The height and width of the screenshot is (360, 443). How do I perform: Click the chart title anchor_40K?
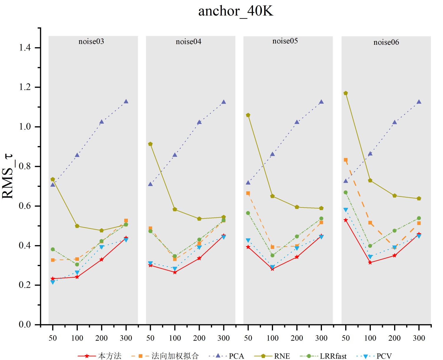click(236, 11)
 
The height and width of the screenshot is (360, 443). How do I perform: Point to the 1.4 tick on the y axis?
click(25, 47)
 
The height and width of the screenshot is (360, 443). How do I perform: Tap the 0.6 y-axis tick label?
click(25, 206)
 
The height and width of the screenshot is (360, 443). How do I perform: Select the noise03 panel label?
click(91, 42)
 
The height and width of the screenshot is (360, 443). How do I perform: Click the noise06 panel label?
click(386, 42)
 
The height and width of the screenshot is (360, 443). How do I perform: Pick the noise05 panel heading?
click(285, 41)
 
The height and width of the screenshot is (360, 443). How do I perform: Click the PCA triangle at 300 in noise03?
click(126, 102)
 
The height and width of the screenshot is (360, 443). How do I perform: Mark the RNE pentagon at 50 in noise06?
click(346, 93)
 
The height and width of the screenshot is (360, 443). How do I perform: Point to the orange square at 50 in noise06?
click(346, 160)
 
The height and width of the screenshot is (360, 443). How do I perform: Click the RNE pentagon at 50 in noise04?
click(151, 144)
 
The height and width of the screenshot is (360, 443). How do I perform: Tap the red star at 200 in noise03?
click(102, 260)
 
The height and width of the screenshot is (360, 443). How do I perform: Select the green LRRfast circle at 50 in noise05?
click(248, 213)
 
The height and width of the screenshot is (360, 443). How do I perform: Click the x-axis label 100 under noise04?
click(175, 338)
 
